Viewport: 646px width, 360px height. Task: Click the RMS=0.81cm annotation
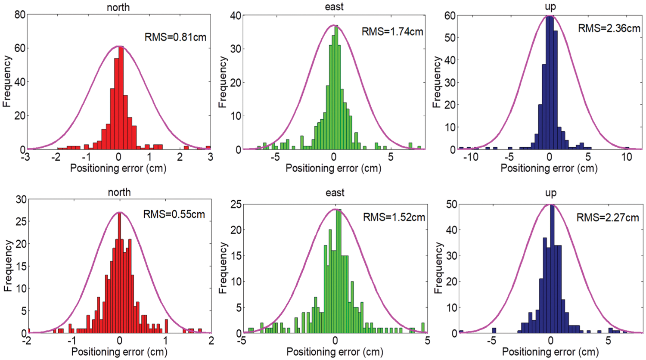(175, 37)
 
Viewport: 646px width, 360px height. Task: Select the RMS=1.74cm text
(392, 31)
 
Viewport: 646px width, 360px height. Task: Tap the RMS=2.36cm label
(609, 28)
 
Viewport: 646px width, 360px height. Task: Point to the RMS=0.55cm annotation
(174, 214)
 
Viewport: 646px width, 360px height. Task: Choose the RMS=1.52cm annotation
(394, 217)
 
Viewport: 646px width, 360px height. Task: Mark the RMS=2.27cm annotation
(608, 217)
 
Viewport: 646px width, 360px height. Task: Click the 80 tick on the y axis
(20, 15)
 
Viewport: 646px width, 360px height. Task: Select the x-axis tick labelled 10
(627, 157)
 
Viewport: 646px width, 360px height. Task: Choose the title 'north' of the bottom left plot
(119, 192)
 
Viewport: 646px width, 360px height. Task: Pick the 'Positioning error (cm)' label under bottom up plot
(550, 351)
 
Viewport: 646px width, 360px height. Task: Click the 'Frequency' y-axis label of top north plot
(7, 81)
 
